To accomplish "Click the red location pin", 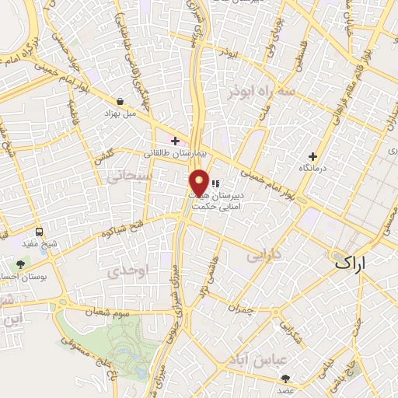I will pos(199,183).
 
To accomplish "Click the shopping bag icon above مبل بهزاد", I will pos(120,100).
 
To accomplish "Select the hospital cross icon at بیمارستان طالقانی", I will pos(176,141).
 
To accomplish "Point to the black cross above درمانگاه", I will pos(312,156).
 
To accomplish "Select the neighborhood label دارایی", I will pos(262,254).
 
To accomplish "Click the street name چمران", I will pos(241,309).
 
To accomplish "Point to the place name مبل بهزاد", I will pos(120,113).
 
